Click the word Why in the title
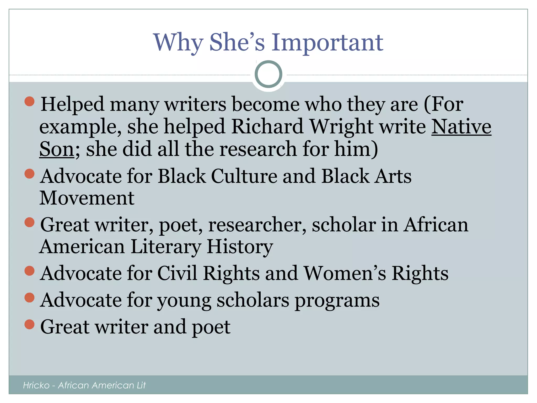coord(178,43)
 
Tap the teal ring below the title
coord(268,74)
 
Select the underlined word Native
coord(461,127)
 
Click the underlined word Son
coord(57,149)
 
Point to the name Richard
coord(267,127)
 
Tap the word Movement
coord(87,198)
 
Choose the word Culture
coord(244,176)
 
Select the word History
coord(240,247)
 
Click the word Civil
coord(177,273)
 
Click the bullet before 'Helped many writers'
coord(29,101)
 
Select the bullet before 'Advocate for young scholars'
coord(29,298)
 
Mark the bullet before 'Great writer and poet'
coord(29,324)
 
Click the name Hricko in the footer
coord(36,385)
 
